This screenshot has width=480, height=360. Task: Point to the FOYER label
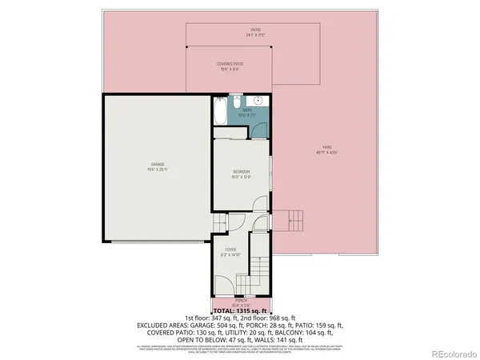230,251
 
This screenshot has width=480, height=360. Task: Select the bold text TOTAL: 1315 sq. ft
239,310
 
